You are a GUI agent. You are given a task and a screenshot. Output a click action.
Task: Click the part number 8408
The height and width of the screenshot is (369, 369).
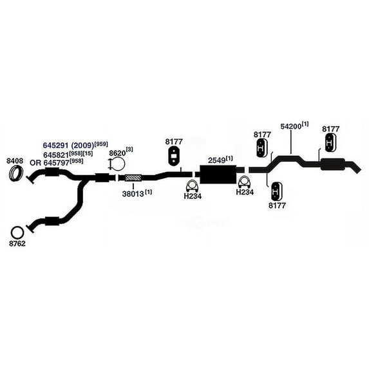[x=15, y=161]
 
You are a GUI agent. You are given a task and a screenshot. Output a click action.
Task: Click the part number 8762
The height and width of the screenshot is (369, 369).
[x=17, y=243]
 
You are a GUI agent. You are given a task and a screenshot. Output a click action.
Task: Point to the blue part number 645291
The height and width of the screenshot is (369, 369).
[x=55, y=146]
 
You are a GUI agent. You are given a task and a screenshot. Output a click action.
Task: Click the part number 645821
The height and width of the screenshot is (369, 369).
[x=56, y=155]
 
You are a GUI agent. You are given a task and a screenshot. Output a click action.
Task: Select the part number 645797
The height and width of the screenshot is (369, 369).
[x=56, y=163]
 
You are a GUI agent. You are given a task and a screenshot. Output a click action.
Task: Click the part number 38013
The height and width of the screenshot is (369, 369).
[x=133, y=194]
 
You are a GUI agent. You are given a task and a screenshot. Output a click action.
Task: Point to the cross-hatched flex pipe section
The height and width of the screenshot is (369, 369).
[x=133, y=178]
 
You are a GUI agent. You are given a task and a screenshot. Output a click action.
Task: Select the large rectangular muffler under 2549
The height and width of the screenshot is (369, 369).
[x=218, y=174]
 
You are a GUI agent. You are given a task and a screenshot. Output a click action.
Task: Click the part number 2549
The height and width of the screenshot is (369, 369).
[x=216, y=160]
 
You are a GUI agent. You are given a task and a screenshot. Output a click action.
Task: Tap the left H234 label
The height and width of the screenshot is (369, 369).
[x=193, y=196]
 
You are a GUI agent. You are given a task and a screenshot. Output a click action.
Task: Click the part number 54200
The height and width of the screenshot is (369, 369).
[x=291, y=127]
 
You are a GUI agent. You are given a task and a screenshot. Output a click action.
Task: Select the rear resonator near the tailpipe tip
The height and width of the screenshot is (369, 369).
[x=333, y=164]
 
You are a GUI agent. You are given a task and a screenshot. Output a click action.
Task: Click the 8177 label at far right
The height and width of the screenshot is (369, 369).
[x=331, y=129]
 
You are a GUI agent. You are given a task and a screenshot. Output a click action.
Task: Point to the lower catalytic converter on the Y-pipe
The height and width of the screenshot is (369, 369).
[x=52, y=222]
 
